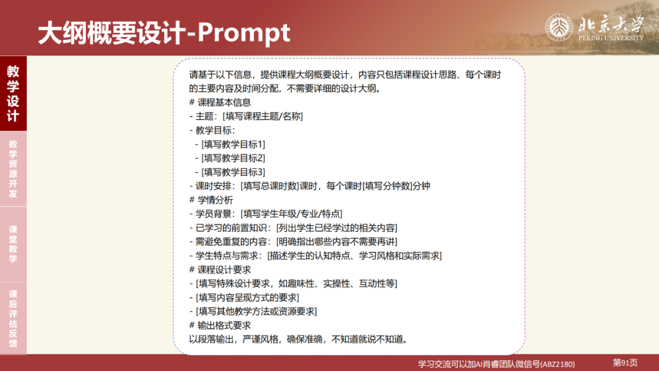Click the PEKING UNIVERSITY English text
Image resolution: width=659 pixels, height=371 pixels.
point(611,38)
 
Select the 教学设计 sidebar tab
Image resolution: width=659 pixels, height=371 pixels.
point(13,93)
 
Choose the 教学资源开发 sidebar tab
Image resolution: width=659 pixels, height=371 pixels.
point(13,169)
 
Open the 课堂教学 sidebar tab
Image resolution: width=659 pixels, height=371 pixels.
point(13,244)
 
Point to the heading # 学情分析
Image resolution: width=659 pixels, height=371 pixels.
point(211,200)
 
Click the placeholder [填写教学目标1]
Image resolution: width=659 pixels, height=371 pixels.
point(233,144)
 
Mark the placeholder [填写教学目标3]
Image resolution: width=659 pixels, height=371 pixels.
point(233,172)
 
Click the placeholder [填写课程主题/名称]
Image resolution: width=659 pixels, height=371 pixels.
point(263,116)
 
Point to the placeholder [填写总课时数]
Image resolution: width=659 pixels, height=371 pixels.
point(269,186)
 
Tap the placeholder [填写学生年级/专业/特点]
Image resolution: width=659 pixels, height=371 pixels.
point(292,214)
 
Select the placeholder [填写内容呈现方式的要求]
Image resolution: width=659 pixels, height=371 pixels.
point(247,297)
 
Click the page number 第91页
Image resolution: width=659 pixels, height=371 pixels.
point(625,362)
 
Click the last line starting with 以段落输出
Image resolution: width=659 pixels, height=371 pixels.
point(298,339)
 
